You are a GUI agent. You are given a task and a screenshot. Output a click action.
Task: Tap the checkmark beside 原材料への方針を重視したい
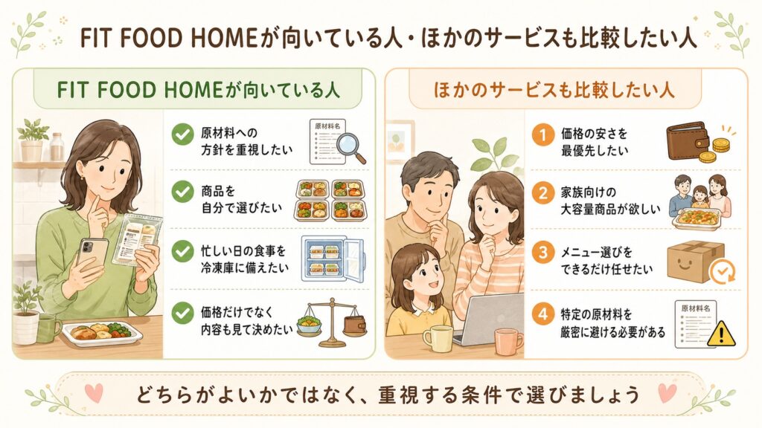click(x=183, y=134)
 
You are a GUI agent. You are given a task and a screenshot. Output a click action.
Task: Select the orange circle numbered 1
click(x=542, y=134)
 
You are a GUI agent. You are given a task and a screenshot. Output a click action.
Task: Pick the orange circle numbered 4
click(x=542, y=314)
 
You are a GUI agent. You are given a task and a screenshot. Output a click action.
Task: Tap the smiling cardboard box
click(x=695, y=261)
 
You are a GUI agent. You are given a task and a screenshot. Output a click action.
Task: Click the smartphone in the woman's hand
click(x=92, y=256)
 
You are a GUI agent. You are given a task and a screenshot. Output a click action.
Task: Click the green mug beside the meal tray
click(x=48, y=328)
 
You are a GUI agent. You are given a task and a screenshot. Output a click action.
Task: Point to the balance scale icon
click(x=332, y=322)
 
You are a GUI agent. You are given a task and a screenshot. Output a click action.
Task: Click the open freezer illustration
click(x=333, y=259)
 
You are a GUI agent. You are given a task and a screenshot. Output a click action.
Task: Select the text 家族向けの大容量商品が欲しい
click(x=610, y=201)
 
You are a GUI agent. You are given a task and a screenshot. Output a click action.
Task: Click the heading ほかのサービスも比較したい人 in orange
click(x=554, y=90)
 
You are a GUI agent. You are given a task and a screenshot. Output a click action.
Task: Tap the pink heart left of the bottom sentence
click(x=93, y=392)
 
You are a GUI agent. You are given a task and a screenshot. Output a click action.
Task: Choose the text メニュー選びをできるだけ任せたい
click(x=606, y=261)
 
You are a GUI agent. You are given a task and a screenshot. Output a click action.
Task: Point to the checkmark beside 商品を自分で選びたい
click(x=183, y=192)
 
